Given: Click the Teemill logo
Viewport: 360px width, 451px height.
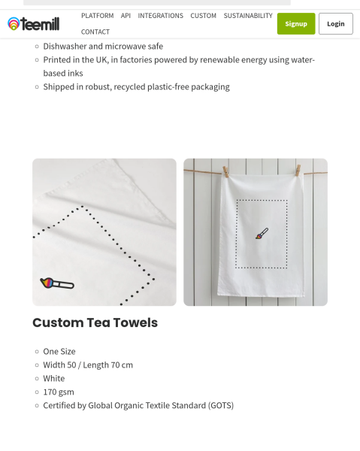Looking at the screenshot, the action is click(x=34, y=24).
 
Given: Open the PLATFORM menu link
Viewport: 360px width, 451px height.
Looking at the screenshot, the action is click(x=97, y=16).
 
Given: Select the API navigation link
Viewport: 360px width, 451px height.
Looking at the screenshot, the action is click(x=126, y=16).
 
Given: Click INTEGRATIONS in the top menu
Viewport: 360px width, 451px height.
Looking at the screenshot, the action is click(x=160, y=16).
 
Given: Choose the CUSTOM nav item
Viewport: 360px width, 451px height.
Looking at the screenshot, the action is click(x=203, y=16).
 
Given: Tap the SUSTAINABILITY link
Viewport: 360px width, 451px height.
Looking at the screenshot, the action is click(x=248, y=16).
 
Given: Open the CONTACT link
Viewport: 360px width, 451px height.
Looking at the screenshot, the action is click(x=95, y=32).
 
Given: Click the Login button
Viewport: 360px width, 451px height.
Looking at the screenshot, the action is click(x=335, y=23).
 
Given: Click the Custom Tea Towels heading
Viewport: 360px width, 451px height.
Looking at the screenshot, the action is click(x=95, y=322).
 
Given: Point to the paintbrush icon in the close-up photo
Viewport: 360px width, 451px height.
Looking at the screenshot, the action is click(x=57, y=283).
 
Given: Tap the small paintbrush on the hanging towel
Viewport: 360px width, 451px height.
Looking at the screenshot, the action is click(x=262, y=235).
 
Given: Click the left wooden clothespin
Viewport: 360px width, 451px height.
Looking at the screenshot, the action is click(x=225, y=172).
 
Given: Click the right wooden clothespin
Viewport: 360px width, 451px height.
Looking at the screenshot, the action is click(x=298, y=171).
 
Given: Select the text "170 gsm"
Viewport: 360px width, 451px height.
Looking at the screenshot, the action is click(x=59, y=392).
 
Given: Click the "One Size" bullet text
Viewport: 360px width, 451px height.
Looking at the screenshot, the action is click(x=59, y=351).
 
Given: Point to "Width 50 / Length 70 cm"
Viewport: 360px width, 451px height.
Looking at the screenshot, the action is click(x=88, y=365).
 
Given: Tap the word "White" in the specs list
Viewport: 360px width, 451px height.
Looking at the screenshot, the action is click(x=54, y=378).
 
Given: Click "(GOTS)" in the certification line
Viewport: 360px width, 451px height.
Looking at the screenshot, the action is click(x=221, y=405).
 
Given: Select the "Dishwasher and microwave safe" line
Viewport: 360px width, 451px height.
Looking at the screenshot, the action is click(x=103, y=46).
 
